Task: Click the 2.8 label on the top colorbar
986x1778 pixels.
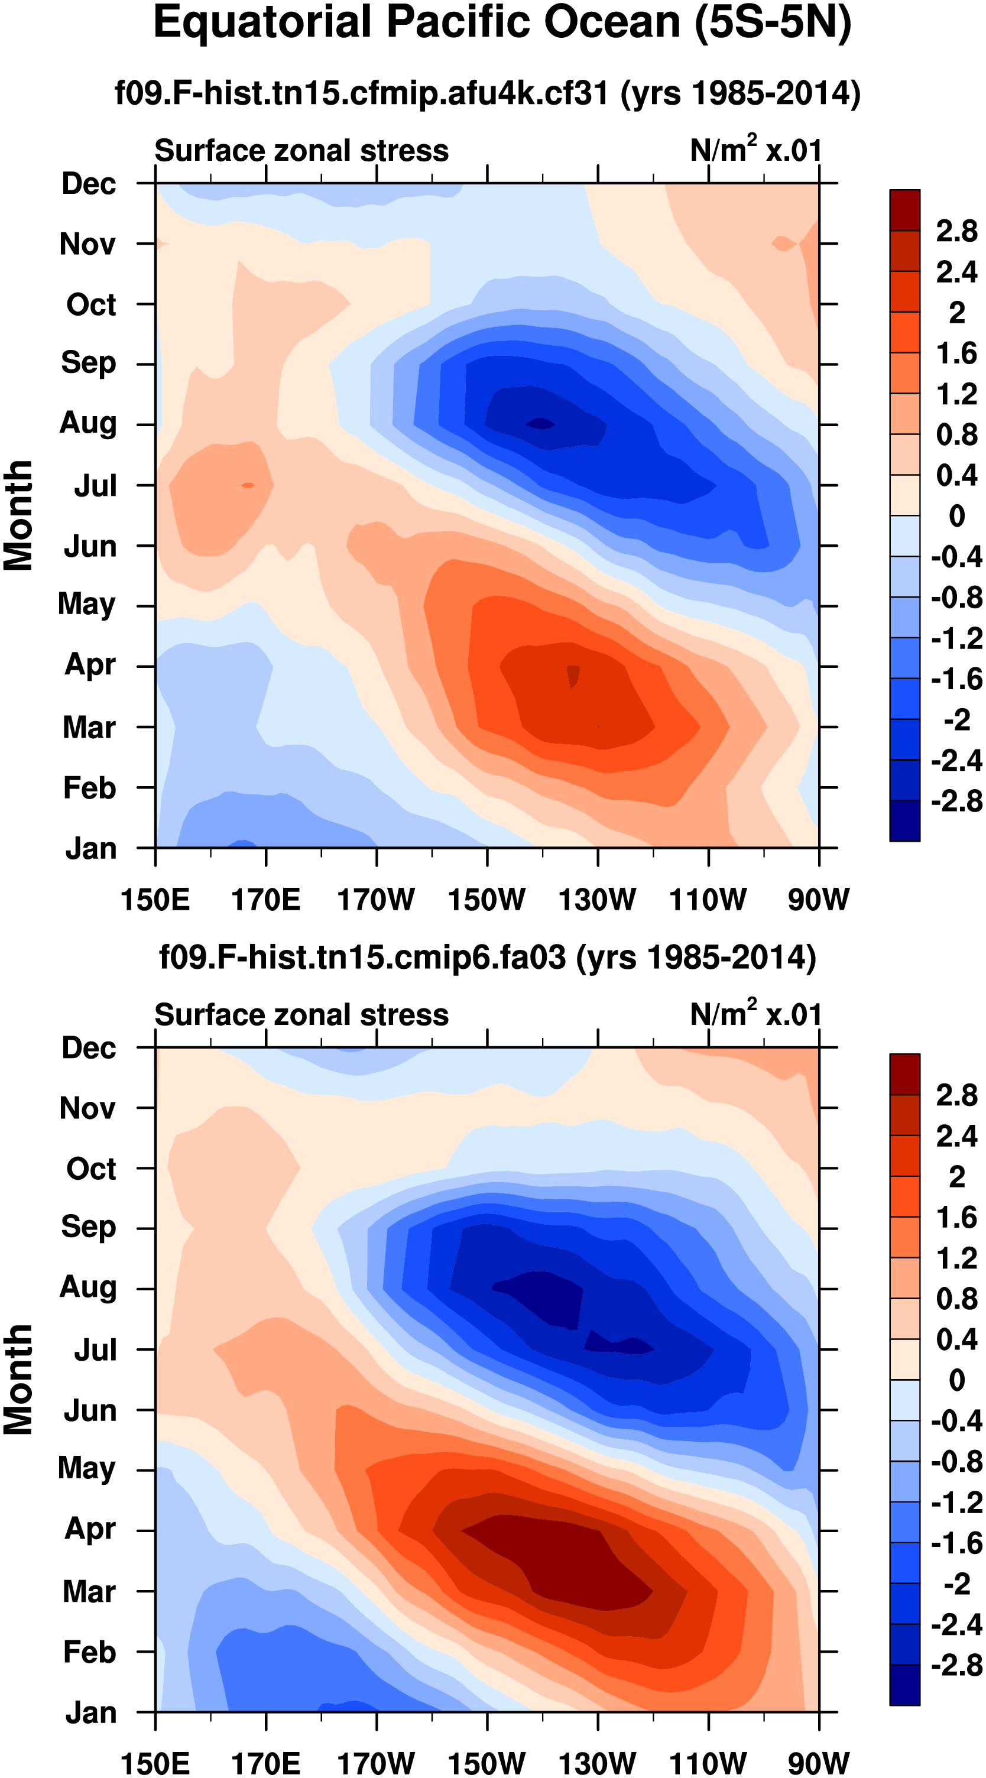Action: click(956, 231)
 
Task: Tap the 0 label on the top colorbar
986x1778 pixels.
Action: click(956, 515)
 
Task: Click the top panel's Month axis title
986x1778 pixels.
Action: click(19, 515)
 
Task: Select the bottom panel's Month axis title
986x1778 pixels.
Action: click(19, 1379)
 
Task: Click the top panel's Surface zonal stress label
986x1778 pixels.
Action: click(301, 151)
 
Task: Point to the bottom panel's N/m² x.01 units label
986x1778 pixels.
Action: click(755, 1014)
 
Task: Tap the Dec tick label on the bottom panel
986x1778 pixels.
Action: click(89, 1048)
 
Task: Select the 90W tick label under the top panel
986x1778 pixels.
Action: click(818, 900)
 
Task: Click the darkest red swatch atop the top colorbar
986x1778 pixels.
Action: click(904, 210)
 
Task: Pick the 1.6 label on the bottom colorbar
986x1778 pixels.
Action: click(956, 1218)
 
